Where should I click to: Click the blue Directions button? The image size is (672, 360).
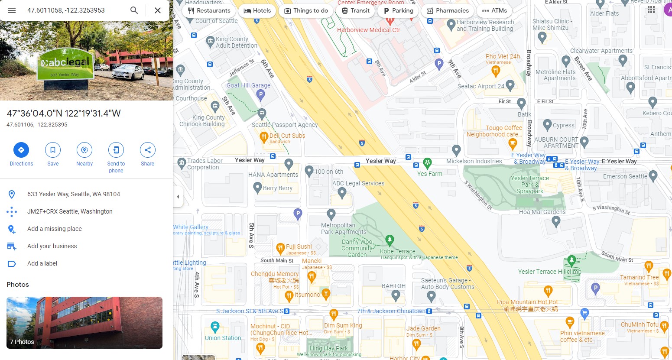pyautogui.click(x=21, y=150)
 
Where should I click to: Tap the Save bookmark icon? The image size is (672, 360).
pyautogui.click(x=53, y=150)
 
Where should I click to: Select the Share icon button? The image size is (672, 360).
pyautogui.click(x=147, y=150)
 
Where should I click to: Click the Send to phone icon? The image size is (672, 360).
pyautogui.click(x=116, y=150)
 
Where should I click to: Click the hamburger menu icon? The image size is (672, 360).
pyautogui.click(x=12, y=10)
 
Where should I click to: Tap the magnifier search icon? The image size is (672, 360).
pyautogui.click(x=134, y=10)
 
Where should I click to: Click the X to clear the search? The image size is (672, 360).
pyautogui.click(x=158, y=10)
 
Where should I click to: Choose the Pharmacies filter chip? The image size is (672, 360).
pyautogui.click(x=448, y=11)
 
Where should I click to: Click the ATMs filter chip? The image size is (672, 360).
pyautogui.click(x=494, y=11)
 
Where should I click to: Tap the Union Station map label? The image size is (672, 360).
pyautogui.click(x=223, y=338)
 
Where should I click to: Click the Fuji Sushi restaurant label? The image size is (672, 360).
pyautogui.click(x=299, y=246)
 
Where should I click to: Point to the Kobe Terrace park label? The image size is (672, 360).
pyautogui.click(x=397, y=251)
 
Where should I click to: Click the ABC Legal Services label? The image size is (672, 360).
pyautogui.click(x=358, y=183)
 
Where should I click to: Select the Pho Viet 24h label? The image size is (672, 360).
pyautogui.click(x=503, y=56)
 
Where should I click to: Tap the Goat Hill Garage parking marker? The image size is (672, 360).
pyautogui.click(x=260, y=94)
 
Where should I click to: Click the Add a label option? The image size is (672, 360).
pyautogui.click(x=42, y=263)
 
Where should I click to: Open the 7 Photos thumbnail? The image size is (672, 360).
pyautogui.click(x=84, y=322)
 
